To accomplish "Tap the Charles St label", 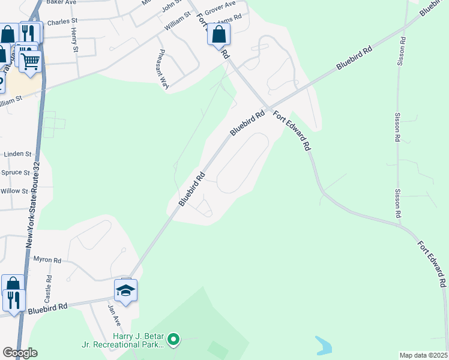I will coord(62,21).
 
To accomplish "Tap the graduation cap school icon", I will coord(126,291).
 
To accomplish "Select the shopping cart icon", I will coord(30,60).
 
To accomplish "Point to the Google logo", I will coord(20,353).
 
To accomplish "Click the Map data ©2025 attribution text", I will coord(424,355).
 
